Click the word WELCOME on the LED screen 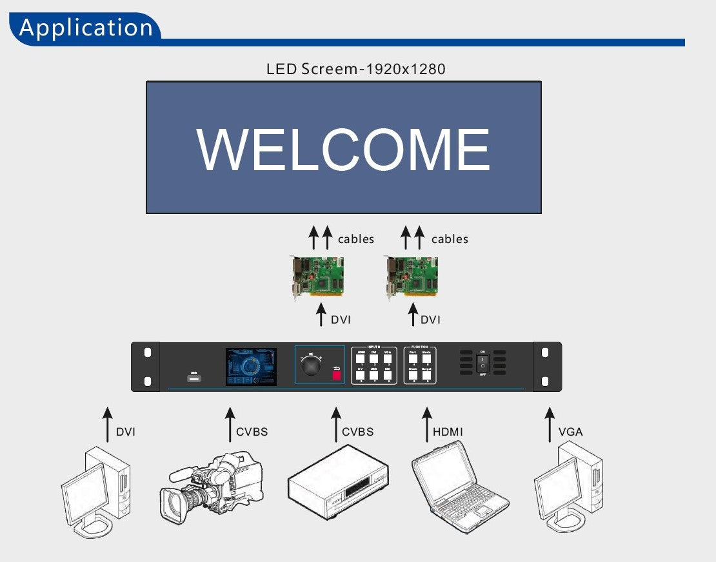(343, 150)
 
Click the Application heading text (86, 28)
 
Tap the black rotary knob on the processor (312, 366)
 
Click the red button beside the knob (336, 373)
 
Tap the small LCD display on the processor (251, 367)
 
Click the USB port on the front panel (194, 378)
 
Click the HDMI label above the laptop (448, 432)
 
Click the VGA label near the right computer (570, 432)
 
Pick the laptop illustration (459, 487)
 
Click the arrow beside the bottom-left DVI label (108, 424)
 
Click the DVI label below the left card (341, 320)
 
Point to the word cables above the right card (450, 239)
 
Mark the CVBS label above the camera (252, 432)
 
